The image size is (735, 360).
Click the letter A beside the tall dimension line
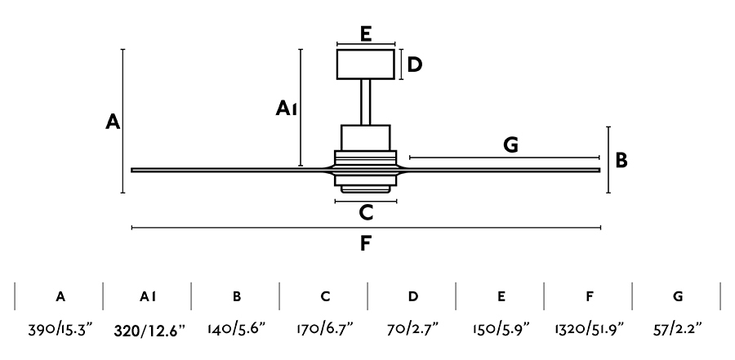click(x=114, y=122)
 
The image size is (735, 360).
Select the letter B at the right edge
click(x=621, y=161)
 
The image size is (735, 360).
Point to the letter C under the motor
click(x=366, y=213)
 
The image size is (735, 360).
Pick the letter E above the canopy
click(x=366, y=33)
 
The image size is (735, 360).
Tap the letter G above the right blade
click(x=511, y=145)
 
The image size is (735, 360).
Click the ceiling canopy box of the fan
click(x=366, y=64)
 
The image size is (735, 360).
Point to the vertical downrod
click(x=366, y=102)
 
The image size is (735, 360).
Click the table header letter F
click(x=589, y=296)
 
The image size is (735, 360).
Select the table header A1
click(x=148, y=296)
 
